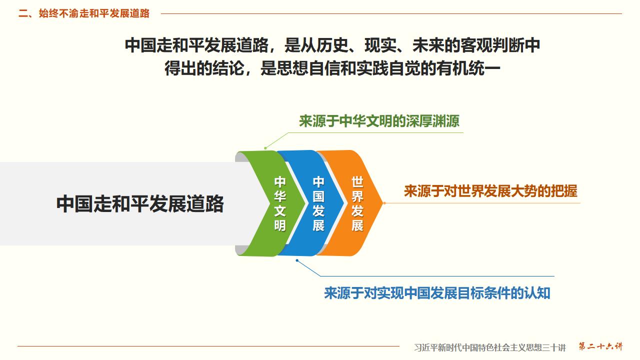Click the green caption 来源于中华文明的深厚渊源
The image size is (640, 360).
pos(379,121)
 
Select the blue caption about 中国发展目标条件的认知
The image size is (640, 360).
pos(437,293)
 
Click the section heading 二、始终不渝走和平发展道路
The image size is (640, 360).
pos(84,13)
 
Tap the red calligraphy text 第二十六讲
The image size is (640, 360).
pos(600,346)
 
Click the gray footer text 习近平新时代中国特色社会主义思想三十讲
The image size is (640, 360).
pos(490,347)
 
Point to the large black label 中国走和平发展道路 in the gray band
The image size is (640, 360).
pos(140,204)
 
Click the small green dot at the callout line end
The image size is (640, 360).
pos(265,148)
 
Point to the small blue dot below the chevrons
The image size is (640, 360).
pos(297,260)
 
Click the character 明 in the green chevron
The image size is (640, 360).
pos(279,225)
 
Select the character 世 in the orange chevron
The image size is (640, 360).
pos(357,181)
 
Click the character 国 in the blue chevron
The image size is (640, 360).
pos(318,196)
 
